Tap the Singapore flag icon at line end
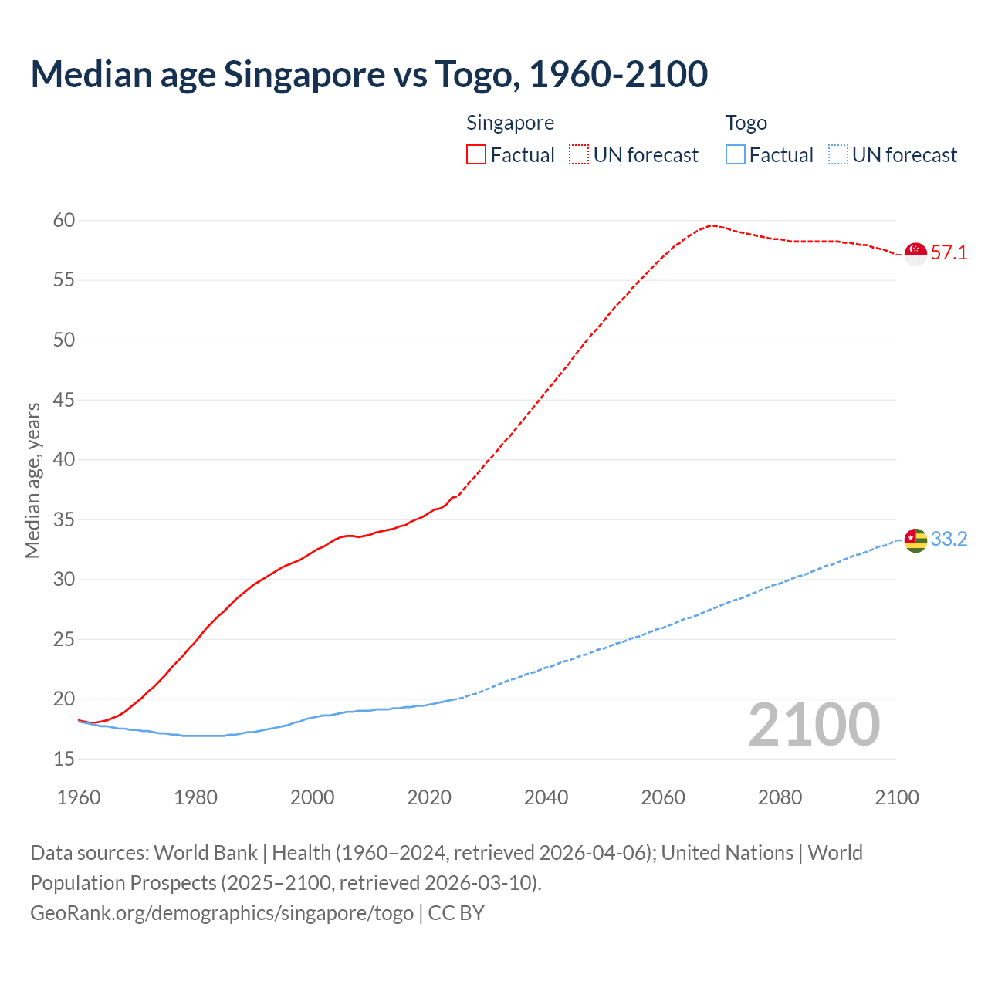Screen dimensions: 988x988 (915, 253)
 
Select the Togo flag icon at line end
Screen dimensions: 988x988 (915, 540)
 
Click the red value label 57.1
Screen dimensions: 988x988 (949, 253)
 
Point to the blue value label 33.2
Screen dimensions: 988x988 (949, 540)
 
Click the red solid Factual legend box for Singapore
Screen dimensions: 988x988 (476, 155)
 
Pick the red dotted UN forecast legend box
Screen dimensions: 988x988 (579, 155)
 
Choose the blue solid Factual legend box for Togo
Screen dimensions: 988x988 (736, 155)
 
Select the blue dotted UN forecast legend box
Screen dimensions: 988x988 (837, 155)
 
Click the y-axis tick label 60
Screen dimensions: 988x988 (64, 221)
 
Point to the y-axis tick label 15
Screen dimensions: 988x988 (64, 760)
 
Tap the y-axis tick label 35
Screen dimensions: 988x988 (64, 519)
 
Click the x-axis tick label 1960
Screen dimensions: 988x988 (79, 797)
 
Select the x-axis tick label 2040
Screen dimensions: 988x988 (546, 797)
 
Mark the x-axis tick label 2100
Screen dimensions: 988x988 (896, 797)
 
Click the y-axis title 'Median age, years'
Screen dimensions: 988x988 (32, 480)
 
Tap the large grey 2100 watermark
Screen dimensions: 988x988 (814, 724)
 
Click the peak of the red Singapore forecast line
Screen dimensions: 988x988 (712, 225)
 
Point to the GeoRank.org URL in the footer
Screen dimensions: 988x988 (222, 913)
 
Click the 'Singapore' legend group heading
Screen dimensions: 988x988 (510, 123)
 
